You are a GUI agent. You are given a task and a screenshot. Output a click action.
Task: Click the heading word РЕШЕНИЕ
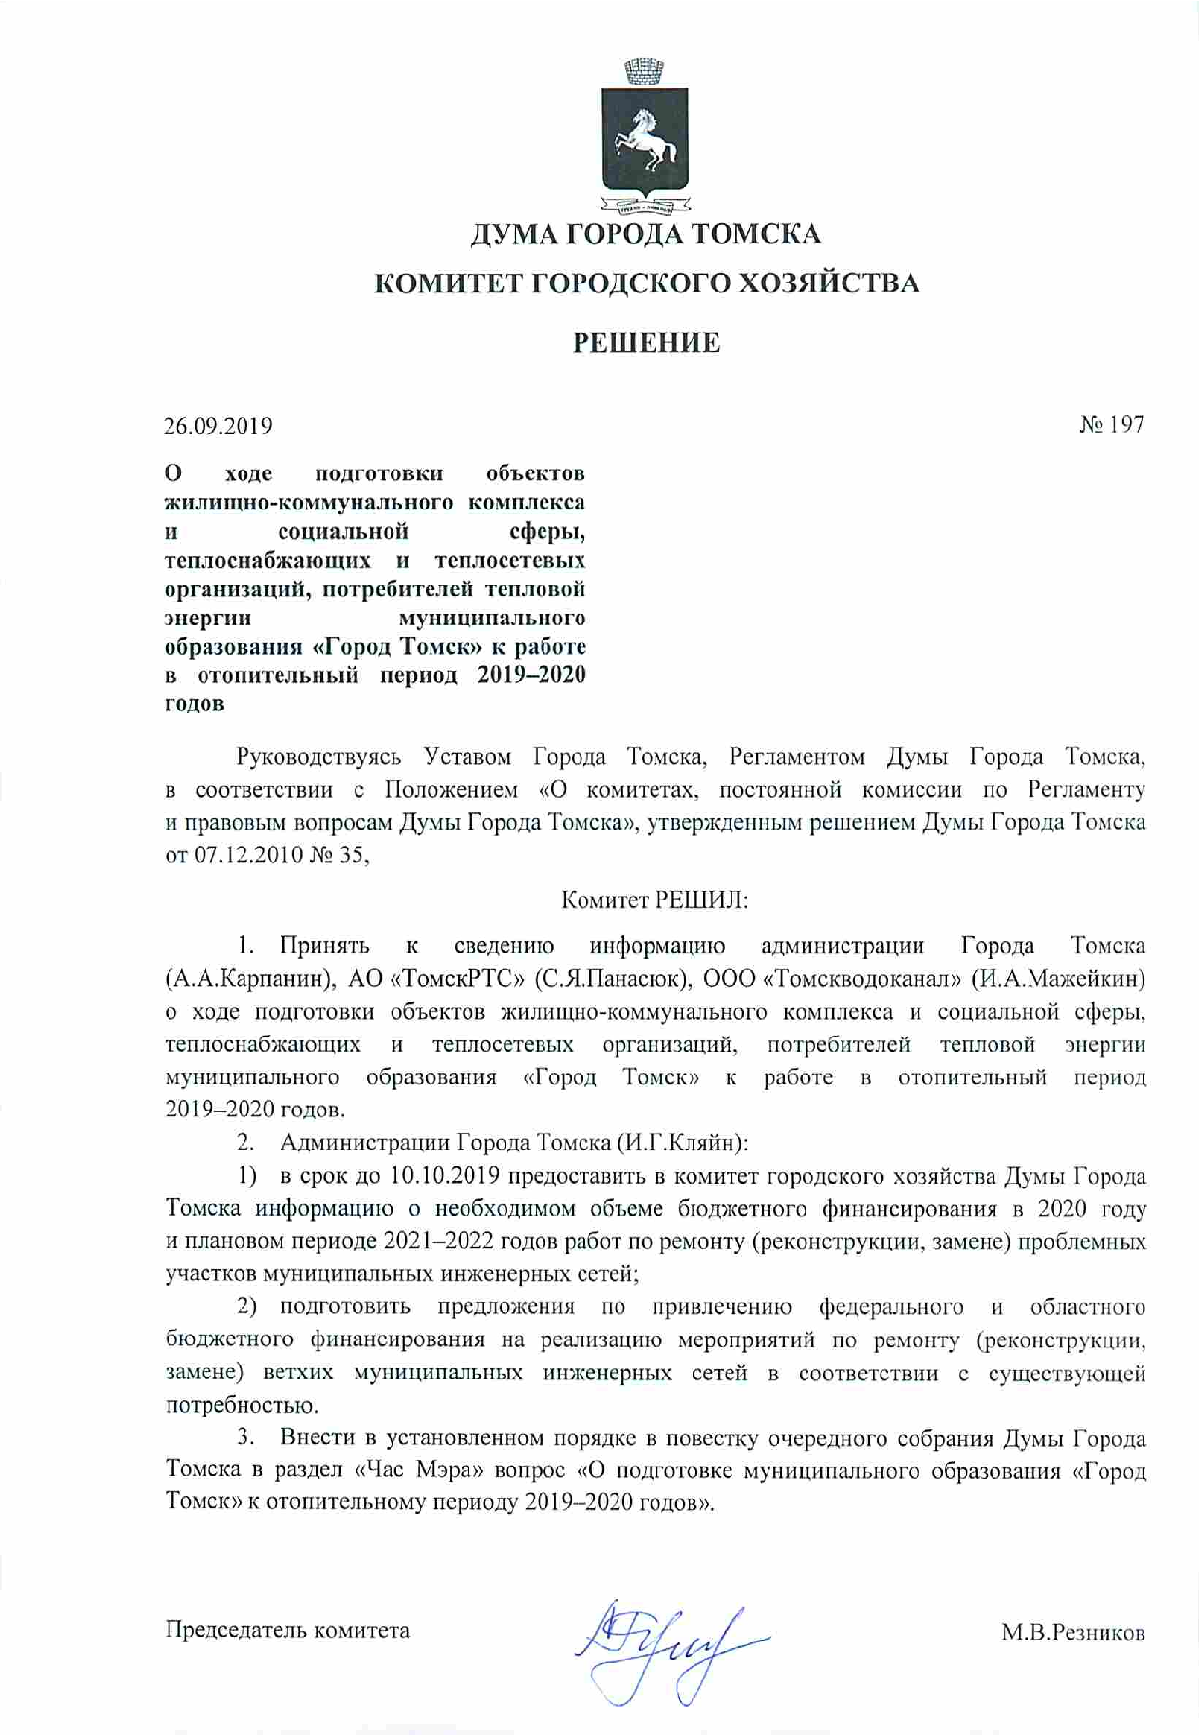[x=646, y=343]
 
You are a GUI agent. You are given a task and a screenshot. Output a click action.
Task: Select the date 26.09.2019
[x=218, y=426]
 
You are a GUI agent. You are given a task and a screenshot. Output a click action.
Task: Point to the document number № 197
[x=1111, y=424]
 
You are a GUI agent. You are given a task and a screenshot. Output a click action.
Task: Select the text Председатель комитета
[x=287, y=1630]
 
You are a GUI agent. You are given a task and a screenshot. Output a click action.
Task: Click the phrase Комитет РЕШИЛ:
[x=655, y=900]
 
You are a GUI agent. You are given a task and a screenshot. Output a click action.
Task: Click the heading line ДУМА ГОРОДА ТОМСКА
[x=646, y=234]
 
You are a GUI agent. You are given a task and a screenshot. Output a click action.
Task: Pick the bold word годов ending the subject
[x=195, y=703]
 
